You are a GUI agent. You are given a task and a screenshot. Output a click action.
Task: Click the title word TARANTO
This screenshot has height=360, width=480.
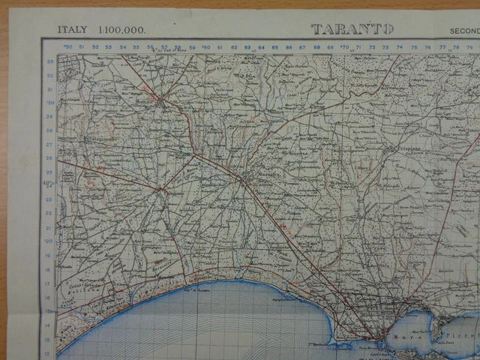tap(352, 29)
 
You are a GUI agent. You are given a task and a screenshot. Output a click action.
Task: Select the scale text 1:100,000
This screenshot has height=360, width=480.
tap(121, 30)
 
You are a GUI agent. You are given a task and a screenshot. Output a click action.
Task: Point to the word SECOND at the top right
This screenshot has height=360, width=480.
tap(464, 31)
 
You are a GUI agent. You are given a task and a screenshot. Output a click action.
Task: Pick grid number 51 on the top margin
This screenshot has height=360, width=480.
tap(95, 47)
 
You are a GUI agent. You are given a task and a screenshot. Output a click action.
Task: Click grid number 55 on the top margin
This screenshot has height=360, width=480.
tap(136, 47)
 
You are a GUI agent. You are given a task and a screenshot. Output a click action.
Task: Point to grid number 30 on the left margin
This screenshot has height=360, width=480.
tap(50, 103)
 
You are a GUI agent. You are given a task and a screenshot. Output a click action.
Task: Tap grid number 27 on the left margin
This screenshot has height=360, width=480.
tap(50, 144)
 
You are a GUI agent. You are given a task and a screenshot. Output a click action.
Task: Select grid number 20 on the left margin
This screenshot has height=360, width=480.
tap(50, 242)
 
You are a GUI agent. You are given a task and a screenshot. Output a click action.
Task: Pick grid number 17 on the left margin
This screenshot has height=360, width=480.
tap(50, 283)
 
